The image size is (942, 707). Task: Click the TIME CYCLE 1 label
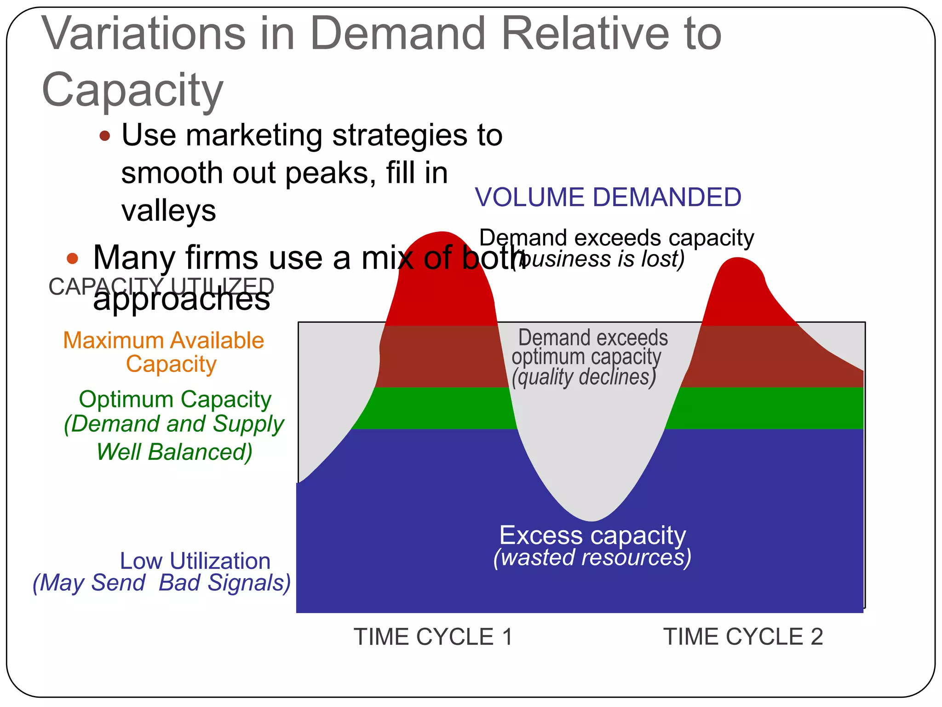tap(432, 637)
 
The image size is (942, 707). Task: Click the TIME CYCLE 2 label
tap(742, 637)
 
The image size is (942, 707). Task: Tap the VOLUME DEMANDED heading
tap(608, 197)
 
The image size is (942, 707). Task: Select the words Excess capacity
tap(592, 536)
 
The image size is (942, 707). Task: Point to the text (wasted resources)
tap(592, 557)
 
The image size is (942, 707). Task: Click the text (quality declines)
tap(584, 377)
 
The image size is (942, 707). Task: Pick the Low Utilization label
tap(195, 561)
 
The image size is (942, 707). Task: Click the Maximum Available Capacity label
tap(164, 352)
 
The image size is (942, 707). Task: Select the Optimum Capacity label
tap(175, 400)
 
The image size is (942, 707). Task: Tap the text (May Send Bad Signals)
tap(161, 583)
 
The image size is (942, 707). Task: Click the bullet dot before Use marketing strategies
tap(105, 136)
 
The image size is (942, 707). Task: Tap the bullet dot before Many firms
tap(72, 258)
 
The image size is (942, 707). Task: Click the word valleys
tap(168, 211)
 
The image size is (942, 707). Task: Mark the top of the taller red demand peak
tap(442, 233)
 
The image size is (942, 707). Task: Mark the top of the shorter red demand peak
tap(738, 259)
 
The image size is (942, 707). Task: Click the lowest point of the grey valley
tap(592, 520)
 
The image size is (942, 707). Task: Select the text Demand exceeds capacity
tap(616, 238)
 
